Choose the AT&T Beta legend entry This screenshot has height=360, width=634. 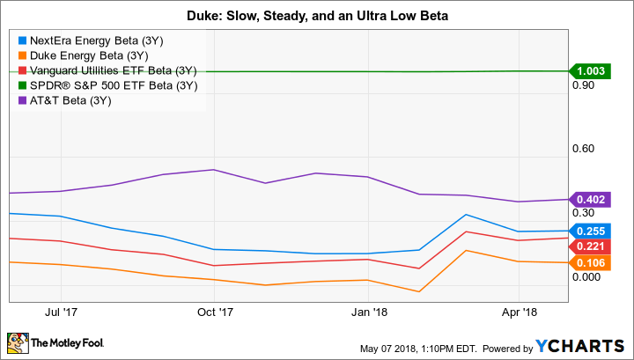pos(82,100)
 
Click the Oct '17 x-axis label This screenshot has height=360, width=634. pos(215,312)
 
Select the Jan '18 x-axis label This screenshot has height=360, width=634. pos(370,312)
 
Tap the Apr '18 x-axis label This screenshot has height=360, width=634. pos(520,312)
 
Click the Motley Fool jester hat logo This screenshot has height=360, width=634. pos(17,342)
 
